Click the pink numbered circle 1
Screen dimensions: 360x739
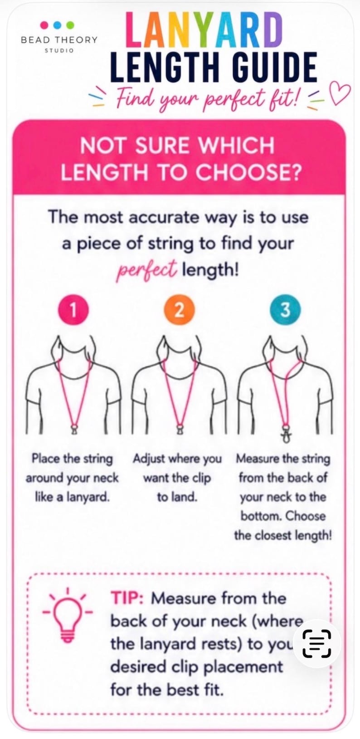[73, 310]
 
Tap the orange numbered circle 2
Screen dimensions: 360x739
[179, 310]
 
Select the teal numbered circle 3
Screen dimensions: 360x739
[286, 310]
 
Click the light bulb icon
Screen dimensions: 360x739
[68, 616]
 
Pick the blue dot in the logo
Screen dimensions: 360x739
[58, 25]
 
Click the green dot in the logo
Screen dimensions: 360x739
[70, 25]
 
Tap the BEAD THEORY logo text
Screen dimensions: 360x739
[59, 40]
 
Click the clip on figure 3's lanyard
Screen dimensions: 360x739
[286, 436]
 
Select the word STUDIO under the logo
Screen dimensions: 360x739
[59, 51]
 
